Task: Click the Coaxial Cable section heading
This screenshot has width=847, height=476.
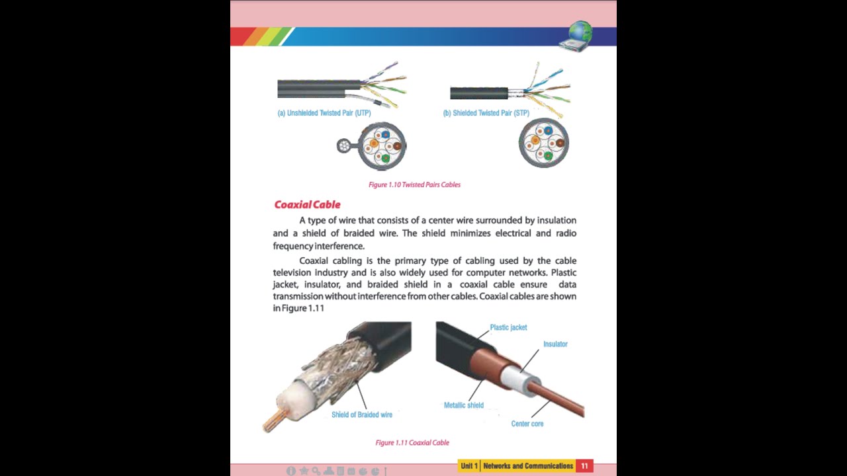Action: [x=307, y=205]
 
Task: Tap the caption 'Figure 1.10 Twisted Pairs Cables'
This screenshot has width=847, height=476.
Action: [x=414, y=185]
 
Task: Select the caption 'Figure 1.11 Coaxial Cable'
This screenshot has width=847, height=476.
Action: [x=412, y=443]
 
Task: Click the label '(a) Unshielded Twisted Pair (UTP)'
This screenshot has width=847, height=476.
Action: [x=324, y=113]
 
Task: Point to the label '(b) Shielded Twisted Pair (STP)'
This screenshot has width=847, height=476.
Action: [x=486, y=113]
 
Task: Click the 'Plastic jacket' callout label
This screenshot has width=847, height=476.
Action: [x=508, y=328]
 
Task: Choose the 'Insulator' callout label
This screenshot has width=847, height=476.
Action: [x=555, y=344]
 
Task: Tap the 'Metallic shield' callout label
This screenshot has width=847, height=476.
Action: [x=464, y=405]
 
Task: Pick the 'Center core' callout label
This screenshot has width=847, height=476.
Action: [x=527, y=424]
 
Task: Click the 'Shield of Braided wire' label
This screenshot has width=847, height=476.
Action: [x=362, y=415]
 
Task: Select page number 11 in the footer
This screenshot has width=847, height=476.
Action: [x=584, y=466]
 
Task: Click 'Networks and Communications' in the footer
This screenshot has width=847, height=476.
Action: [x=528, y=466]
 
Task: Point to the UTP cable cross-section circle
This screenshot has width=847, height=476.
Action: [x=382, y=145]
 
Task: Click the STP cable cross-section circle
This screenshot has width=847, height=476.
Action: [x=544, y=143]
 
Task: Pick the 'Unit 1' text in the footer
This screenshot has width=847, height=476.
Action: [x=469, y=466]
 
